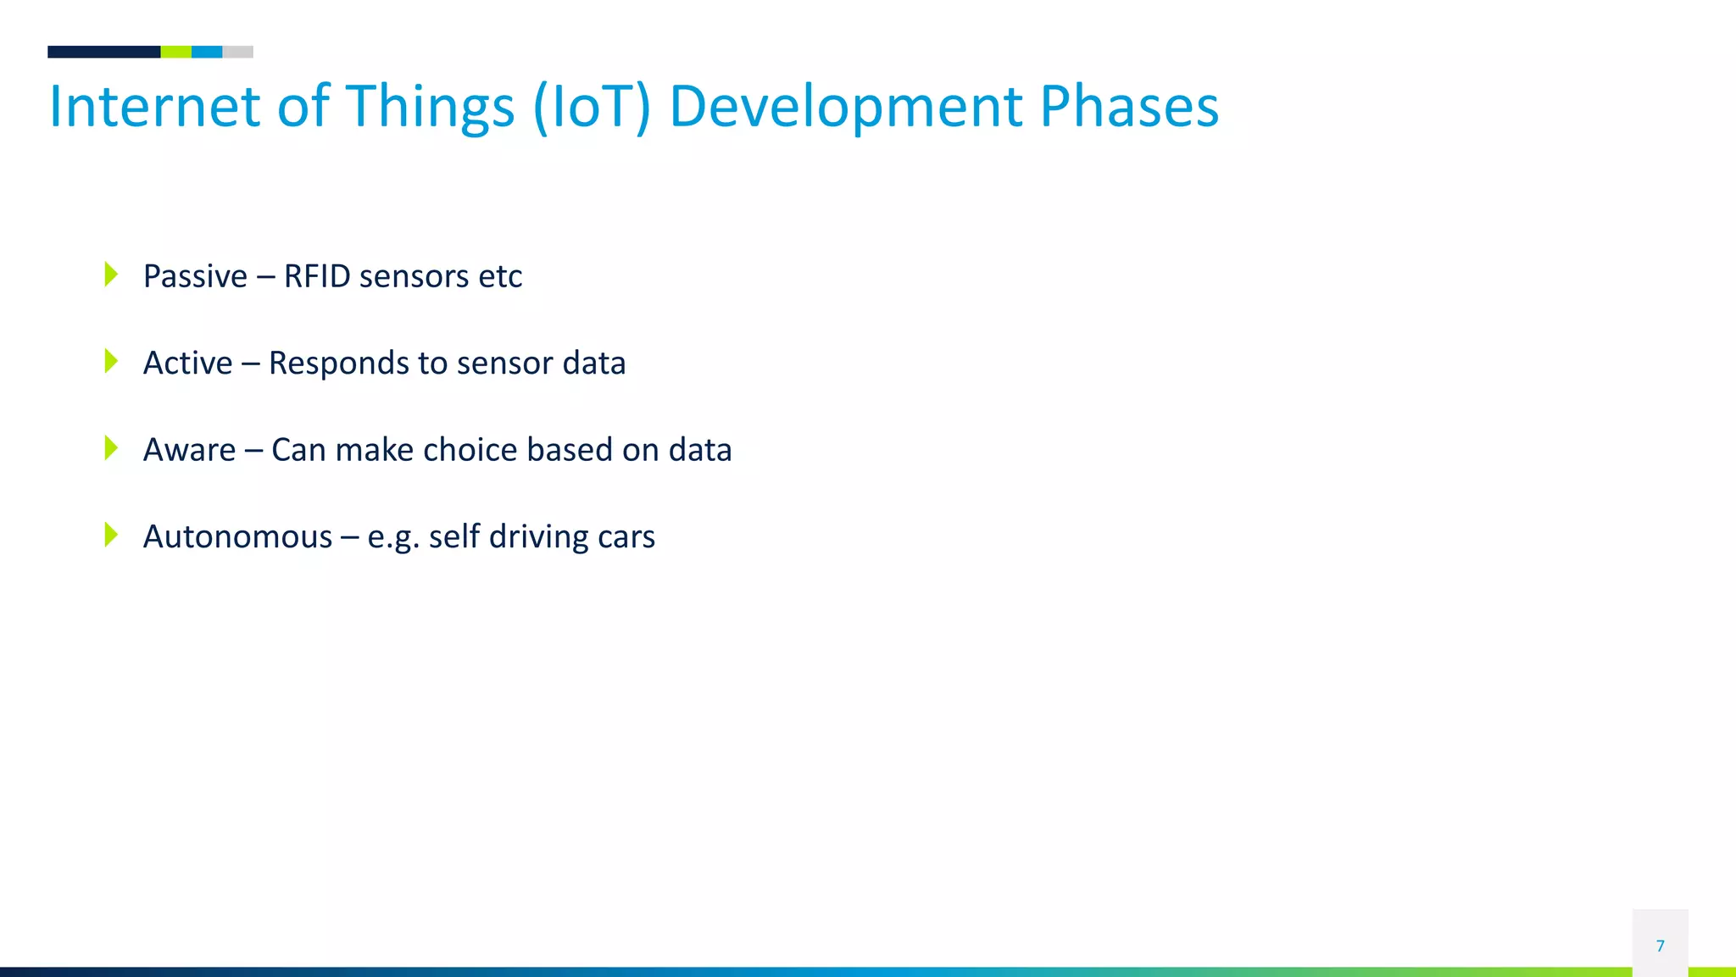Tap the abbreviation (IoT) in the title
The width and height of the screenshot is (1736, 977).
pyautogui.click(x=592, y=107)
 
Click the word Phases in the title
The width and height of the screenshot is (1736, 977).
pyautogui.click(x=1129, y=107)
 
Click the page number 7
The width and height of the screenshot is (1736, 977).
pyautogui.click(x=1660, y=946)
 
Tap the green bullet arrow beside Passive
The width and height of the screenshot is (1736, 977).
pyautogui.click(x=111, y=275)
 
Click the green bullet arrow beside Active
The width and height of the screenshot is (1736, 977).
pyautogui.click(x=111, y=361)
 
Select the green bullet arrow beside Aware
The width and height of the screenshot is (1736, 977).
pyautogui.click(x=111, y=448)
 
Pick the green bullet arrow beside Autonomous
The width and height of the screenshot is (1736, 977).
pyautogui.click(x=111, y=535)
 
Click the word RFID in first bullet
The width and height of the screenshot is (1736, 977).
pyautogui.click(x=316, y=276)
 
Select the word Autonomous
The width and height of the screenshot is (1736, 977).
pyautogui.click(x=237, y=537)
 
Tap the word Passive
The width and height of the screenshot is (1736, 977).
pyautogui.click(x=195, y=276)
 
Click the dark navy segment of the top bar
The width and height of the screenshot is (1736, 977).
pyautogui.click(x=103, y=52)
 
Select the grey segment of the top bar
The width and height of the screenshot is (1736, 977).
pyautogui.click(x=238, y=52)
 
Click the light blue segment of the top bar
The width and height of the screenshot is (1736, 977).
pyautogui.click(x=207, y=52)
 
